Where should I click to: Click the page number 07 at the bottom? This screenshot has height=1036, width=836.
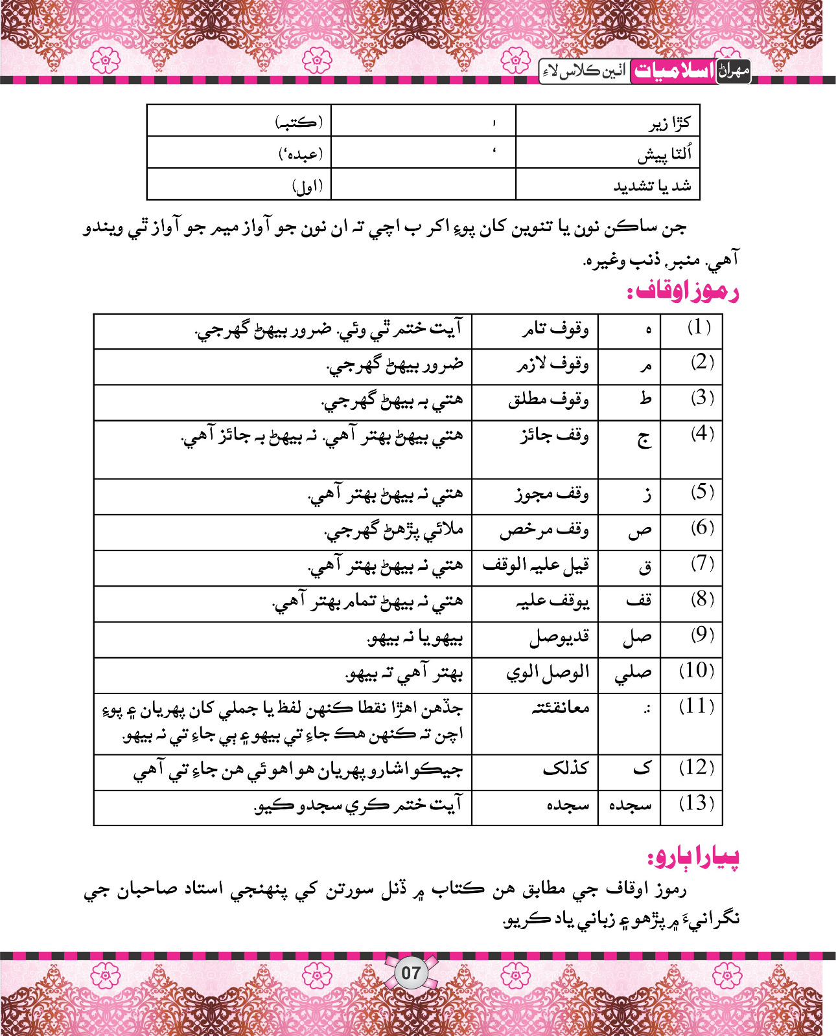411,973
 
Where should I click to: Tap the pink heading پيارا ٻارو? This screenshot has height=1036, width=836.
693,857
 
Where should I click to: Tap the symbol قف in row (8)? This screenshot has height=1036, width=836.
638,600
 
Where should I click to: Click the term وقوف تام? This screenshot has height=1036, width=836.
555,330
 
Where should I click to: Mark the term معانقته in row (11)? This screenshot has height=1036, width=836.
560,707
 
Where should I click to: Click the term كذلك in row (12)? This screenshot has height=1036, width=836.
566,768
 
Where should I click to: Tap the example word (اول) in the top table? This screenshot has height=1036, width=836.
307,187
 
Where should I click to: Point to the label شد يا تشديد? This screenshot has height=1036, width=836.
652,186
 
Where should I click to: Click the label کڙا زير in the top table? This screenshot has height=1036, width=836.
670,123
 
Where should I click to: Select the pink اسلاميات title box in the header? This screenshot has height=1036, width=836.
673,71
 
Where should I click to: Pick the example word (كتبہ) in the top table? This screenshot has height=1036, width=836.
298,122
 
